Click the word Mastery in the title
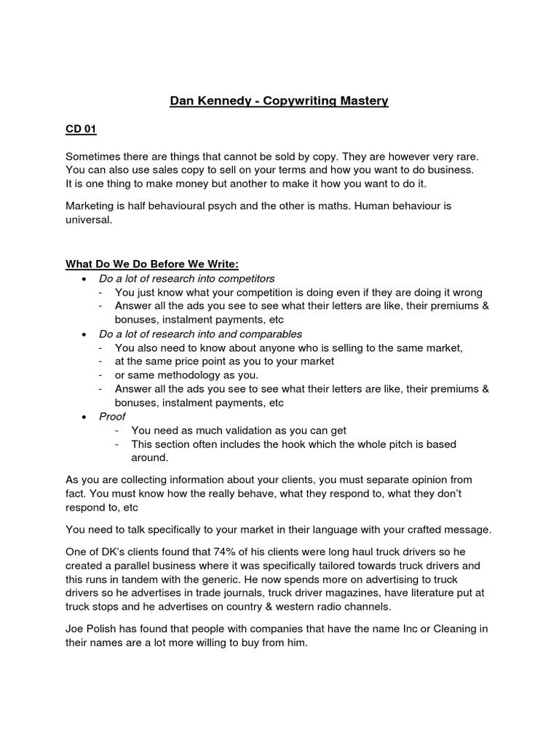362,101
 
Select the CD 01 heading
81,130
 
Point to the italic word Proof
113,416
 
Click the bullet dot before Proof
86,417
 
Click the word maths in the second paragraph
361,206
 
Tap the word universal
89,220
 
